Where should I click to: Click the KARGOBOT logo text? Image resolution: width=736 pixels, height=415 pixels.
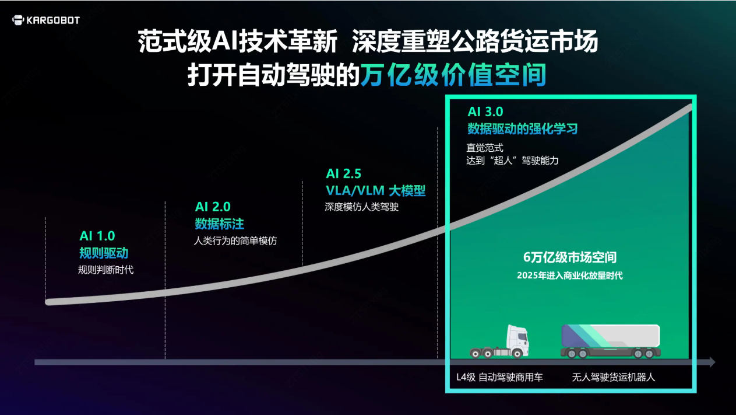[53, 20]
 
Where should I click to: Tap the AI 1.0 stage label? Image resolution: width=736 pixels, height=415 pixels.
[97, 236]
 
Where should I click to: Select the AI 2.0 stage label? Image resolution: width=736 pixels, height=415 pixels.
[213, 207]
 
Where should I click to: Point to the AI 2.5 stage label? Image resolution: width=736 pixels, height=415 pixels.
[344, 173]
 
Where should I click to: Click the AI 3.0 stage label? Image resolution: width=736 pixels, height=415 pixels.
[485, 111]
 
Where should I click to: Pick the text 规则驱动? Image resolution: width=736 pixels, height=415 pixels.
[104, 253]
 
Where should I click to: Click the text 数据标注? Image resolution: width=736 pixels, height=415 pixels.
[220, 224]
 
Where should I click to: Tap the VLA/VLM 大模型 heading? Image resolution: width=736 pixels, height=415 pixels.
[375, 190]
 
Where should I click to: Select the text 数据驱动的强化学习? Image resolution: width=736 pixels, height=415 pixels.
[523, 128]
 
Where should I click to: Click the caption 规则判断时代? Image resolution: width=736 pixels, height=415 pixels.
[106, 270]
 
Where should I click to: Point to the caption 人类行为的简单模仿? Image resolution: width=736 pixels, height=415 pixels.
[235, 240]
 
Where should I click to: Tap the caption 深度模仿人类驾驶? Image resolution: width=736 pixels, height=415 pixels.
[362, 207]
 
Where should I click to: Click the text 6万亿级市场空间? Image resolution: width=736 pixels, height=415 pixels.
[570, 257]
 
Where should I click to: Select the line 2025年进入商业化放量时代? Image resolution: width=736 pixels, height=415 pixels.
[570, 275]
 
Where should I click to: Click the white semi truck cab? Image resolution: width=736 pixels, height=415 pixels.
[500, 341]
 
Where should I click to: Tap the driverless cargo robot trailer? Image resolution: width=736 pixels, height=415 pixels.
[611, 341]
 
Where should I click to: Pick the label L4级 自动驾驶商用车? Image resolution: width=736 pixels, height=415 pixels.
[500, 377]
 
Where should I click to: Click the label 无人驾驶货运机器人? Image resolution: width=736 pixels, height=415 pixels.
[614, 377]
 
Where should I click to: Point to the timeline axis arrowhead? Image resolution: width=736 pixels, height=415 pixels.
[712, 362]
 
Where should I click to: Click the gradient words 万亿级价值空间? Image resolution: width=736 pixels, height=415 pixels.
[453, 75]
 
